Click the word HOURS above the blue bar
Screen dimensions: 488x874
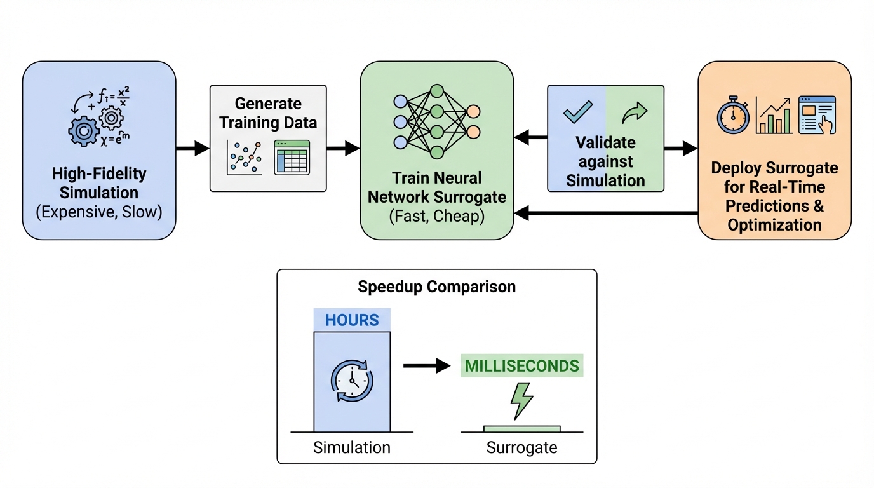click(x=352, y=320)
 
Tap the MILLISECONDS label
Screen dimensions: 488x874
click(x=522, y=366)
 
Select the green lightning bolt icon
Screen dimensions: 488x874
click(x=522, y=400)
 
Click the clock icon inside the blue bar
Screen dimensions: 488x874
click(x=352, y=381)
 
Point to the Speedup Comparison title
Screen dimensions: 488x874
click(x=436, y=287)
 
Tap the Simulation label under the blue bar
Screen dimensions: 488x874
click(x=352, y=447)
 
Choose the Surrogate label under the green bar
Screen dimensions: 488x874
click(x=521, y=447)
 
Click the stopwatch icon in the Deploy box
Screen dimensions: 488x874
click(x=733, y=115)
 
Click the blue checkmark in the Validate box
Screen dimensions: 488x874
click(x=578, y=112)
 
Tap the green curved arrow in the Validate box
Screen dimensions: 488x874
click(x=634, y=112)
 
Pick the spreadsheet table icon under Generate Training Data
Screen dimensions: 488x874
click(x=292, y=157)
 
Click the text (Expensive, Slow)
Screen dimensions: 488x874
click(x=98, y=212)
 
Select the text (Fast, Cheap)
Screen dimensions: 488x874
click(x=436, y=216)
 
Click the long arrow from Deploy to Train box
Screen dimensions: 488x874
click(x=606, y=213)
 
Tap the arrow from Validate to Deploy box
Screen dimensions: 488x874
click(x=680, y=149)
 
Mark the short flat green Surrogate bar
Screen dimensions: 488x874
click(x=522, y=429)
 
